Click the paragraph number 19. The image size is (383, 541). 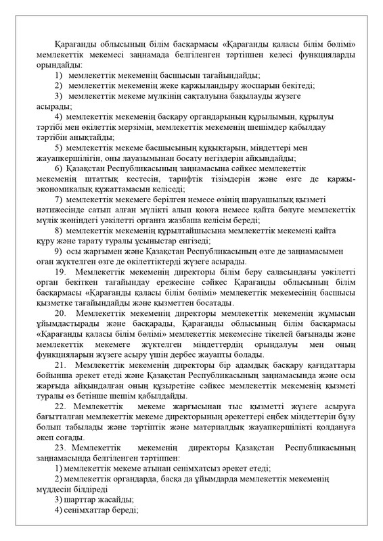[x=63, y=271]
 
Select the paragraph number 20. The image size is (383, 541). [x=63, y=314]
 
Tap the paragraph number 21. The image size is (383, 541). [x=63, y=365]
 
